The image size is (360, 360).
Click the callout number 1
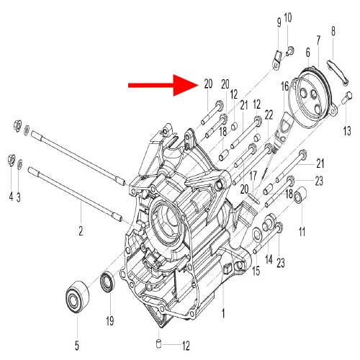click(223, 314)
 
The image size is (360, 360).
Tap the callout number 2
click(81, 231)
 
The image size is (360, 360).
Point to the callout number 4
click(10, 197)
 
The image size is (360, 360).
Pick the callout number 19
click(110, 320)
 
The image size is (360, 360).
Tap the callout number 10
click(288, 17)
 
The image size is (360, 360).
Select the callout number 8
click(333, 31)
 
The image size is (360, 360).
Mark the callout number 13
click(346, 130)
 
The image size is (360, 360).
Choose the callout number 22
click(269, 115)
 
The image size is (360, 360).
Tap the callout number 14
click(269, 258)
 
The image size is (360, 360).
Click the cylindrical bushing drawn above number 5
click(76, 295)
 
